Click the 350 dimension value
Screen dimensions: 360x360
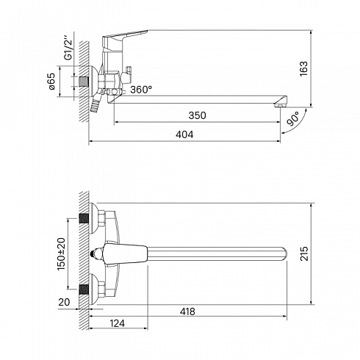(x=197, y=115)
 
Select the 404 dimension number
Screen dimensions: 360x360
(x=184, y=134)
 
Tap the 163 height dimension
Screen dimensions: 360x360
(x=303, y=69)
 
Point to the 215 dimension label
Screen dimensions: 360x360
(x=304, y=253)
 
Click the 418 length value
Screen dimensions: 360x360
(x=187, y=312)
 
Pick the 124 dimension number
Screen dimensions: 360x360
(x=117, y=323)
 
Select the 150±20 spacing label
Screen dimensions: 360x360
(x=61, y=253)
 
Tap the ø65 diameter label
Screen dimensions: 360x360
(x=51, y=82)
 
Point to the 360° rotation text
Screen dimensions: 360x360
(x=141, y=90)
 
